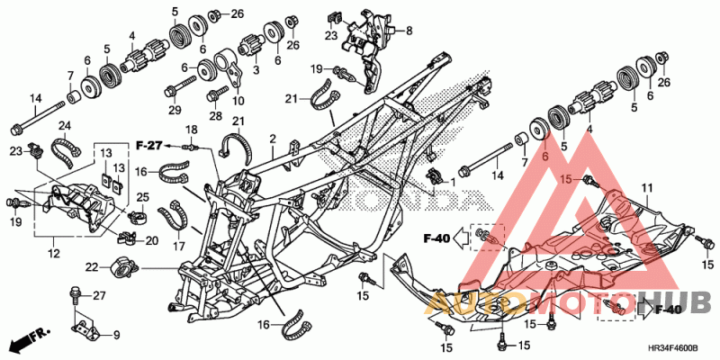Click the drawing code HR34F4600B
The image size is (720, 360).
coord(672,348)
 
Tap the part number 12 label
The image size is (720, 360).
coord(54,253)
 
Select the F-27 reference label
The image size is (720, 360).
coord(149,146)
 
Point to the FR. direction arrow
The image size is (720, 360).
coord(30,339)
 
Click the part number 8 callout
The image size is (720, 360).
coord(409,31)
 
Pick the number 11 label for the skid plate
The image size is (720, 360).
coord(647,187)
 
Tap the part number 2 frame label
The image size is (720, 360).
coord(273,139)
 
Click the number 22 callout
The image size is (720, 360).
coord(93,266)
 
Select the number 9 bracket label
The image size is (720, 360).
coord(117,335)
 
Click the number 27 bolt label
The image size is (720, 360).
coord(100,296)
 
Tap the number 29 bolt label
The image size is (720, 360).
coord(175,110)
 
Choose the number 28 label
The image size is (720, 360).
coord(216,116)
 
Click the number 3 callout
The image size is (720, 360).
coord(256,70)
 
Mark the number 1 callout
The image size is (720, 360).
coord(453,183)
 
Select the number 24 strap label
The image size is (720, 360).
coord(65,125)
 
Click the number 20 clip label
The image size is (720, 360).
coord(151,240)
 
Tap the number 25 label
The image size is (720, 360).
coord(143,198)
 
